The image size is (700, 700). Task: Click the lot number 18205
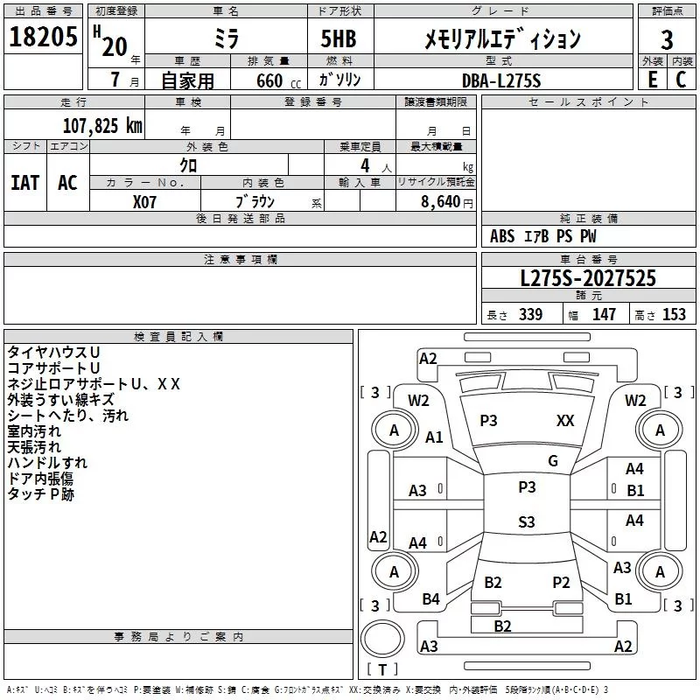click(43, 38)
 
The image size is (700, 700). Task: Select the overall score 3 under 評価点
click(667, 39)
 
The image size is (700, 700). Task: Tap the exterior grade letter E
click(652, 79)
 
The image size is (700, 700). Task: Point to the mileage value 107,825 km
click(102, 125)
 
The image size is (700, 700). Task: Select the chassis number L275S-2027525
click(587, 279)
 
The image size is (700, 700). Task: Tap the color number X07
click(145, 201)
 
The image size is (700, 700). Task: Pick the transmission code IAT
click(24, 183)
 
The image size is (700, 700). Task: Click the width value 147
click(604, 315)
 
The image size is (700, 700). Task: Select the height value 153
click(674, 315)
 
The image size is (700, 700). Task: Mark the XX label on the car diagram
click(565, 421)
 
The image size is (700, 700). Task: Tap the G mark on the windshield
click(552, 461)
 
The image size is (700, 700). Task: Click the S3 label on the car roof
click(526, 522)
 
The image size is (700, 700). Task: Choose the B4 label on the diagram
click(430, 599)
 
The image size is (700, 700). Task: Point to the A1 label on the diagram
click(434, 437)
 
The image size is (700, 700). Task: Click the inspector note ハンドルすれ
click(47, 462)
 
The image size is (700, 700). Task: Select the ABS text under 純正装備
click(502, 236)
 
